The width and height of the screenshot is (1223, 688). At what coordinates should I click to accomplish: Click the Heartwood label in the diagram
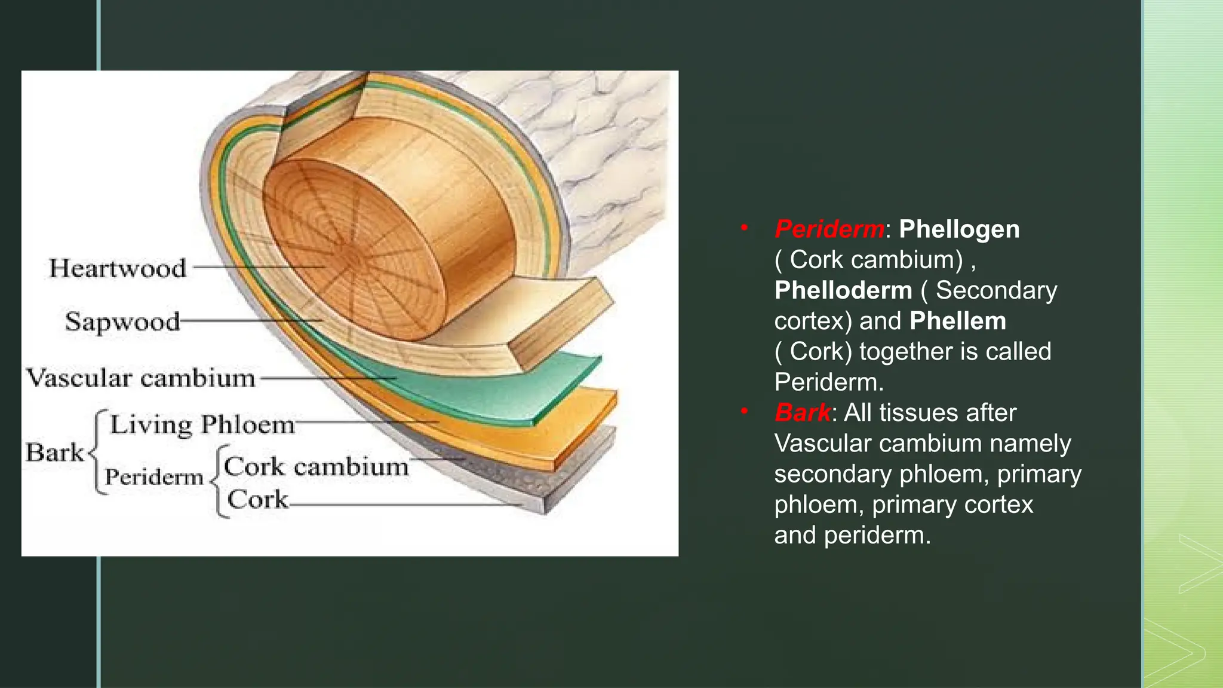(118, 268)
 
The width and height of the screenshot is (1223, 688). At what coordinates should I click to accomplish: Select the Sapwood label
(122, 321)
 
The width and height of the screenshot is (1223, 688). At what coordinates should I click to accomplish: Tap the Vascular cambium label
(141, 378)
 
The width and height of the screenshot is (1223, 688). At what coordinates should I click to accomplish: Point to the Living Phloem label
(202, 425)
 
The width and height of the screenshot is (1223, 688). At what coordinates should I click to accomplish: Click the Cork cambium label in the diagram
(316, 466)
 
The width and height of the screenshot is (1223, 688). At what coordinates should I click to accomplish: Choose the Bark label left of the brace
(54, 452)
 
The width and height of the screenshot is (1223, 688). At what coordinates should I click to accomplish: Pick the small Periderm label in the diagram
(154, 477)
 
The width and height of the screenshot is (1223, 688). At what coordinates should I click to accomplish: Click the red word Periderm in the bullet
(829, 229)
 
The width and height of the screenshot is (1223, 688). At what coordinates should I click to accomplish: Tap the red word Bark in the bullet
(802, 413)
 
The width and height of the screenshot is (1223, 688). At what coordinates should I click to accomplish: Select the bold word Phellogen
(959, 229)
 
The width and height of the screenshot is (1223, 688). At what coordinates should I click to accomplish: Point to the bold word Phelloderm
(843, 290)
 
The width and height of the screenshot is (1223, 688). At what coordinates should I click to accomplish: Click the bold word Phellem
(958, 321)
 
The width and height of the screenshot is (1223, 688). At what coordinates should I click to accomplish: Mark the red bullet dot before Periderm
(744, 227)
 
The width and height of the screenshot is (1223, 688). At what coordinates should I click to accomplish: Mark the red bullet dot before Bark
(744, 411)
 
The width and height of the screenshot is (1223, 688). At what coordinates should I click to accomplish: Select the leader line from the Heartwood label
(257, 267)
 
